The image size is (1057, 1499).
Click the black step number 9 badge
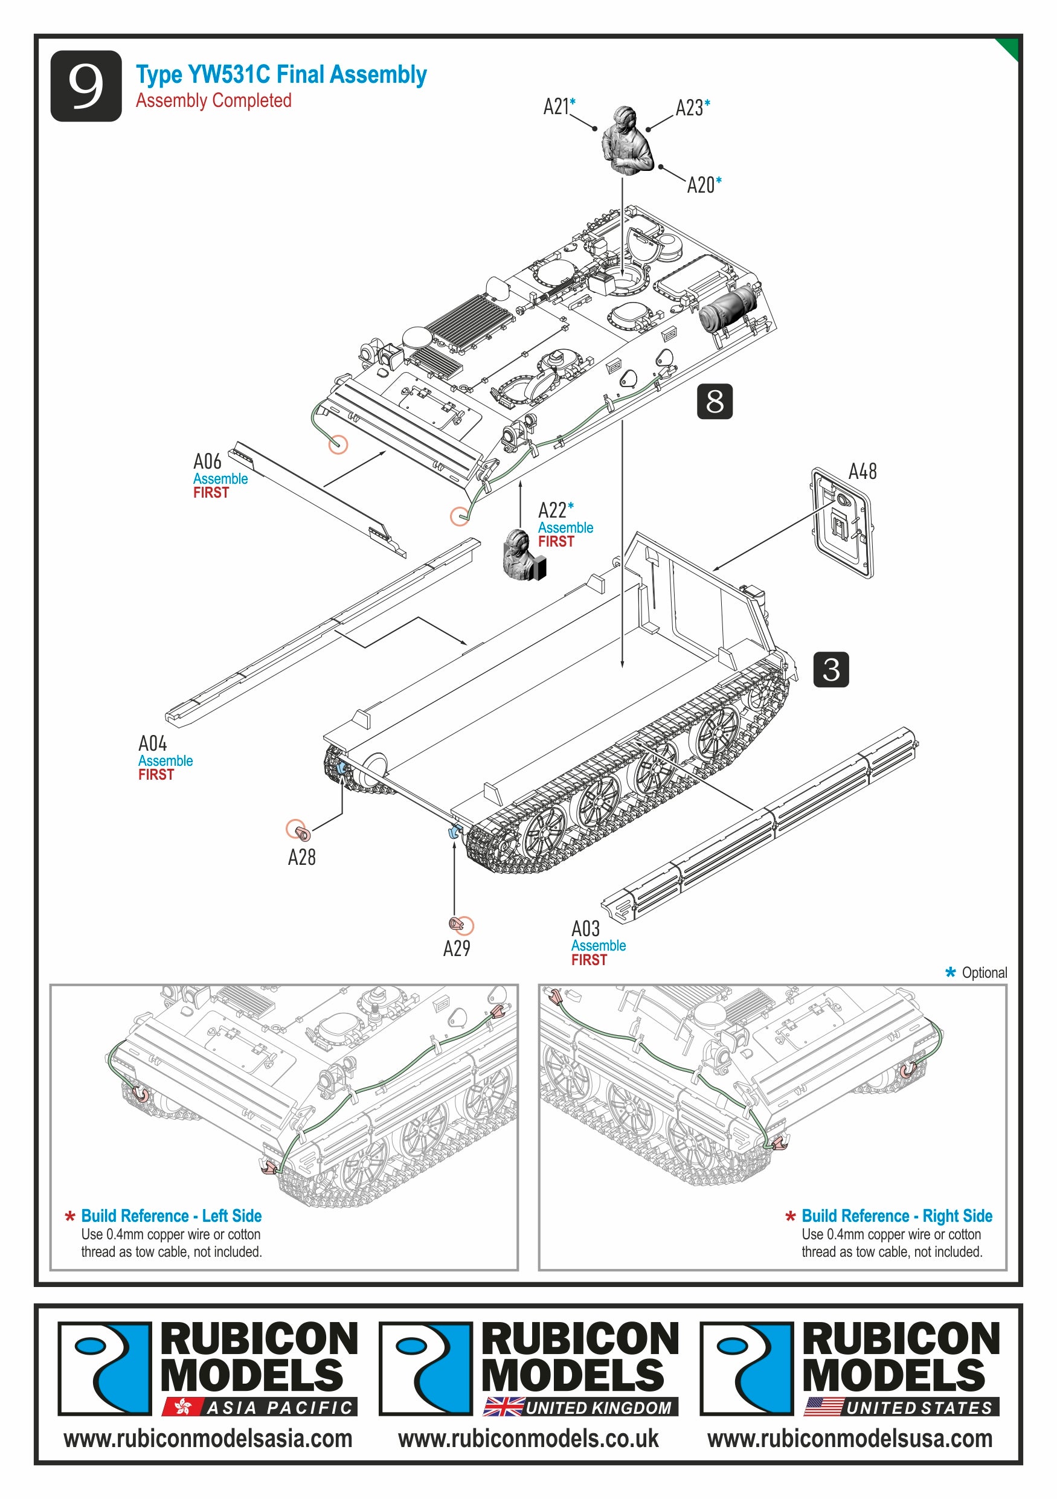86,86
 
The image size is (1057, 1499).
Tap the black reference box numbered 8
715,401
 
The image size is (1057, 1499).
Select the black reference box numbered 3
830,669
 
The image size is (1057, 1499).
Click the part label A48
862,471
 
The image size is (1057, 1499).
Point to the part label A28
301,857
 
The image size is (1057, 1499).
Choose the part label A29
457,948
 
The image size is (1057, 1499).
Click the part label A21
556,106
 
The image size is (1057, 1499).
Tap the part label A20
701,185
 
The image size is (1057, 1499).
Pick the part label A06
207,462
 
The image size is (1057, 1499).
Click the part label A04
152,743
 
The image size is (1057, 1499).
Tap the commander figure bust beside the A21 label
626,141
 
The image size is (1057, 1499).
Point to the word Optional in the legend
984,973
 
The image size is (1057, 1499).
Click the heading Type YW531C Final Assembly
281,74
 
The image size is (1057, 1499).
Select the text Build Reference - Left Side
171,1216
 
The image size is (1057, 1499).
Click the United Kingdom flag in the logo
503,1407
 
